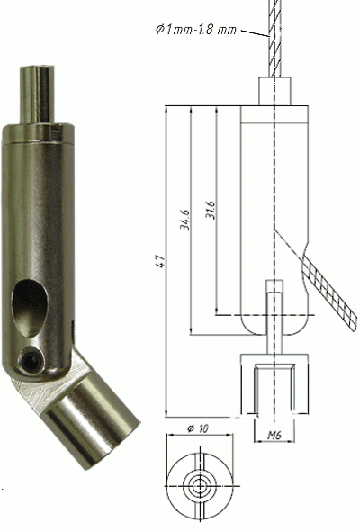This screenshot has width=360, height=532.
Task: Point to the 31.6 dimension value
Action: pos(210,212)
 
